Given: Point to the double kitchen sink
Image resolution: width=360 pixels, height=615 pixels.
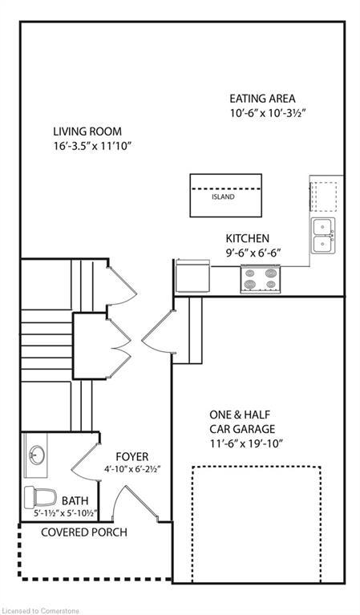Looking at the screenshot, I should [x=323, y=235].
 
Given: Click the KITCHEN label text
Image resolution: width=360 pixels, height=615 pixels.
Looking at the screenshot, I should [x=247, y=238].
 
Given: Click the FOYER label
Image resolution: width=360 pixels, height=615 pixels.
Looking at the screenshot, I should [x=131, y=456].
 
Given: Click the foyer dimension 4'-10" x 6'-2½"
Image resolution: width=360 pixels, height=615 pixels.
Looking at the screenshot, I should [x=132, y=470].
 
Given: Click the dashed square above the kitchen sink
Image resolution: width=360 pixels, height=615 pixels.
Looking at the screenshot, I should [x=324, y=195].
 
